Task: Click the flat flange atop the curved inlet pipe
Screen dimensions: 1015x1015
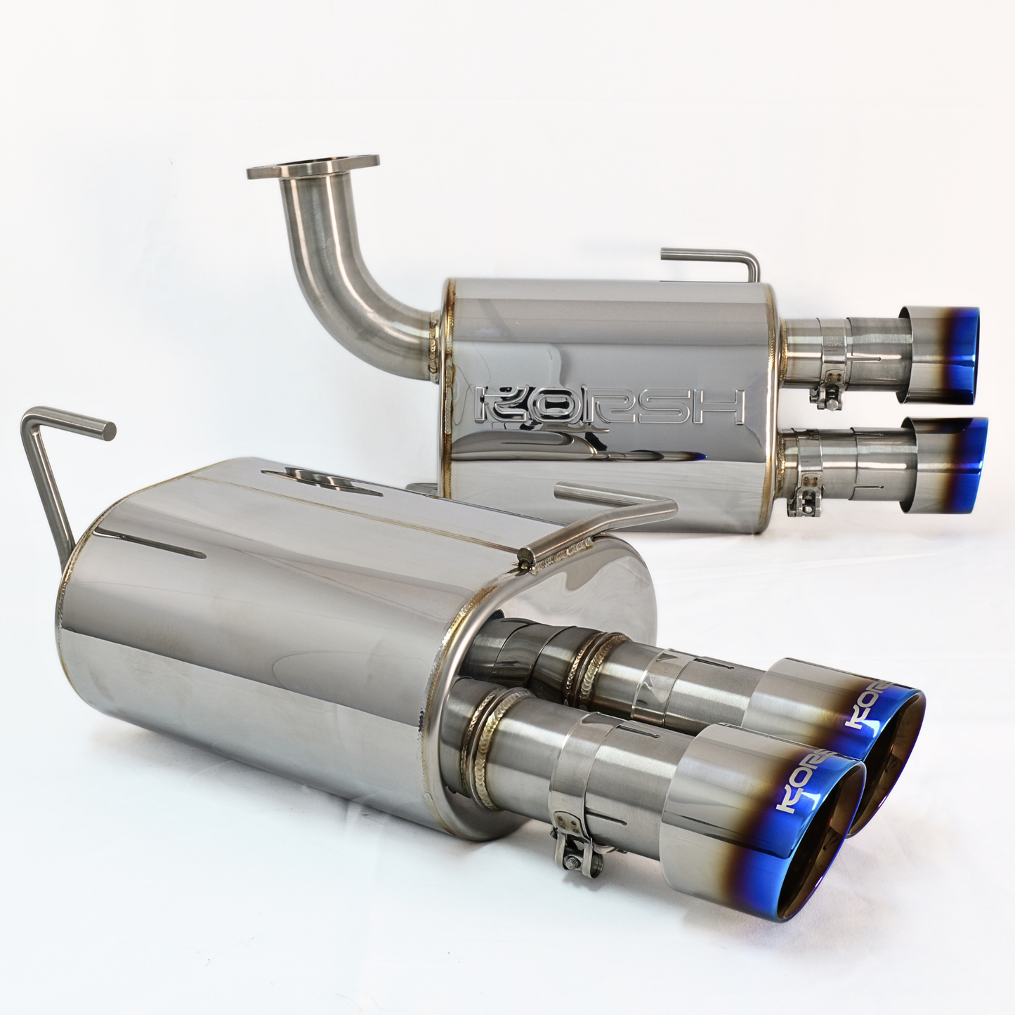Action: (x=313, y=166)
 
